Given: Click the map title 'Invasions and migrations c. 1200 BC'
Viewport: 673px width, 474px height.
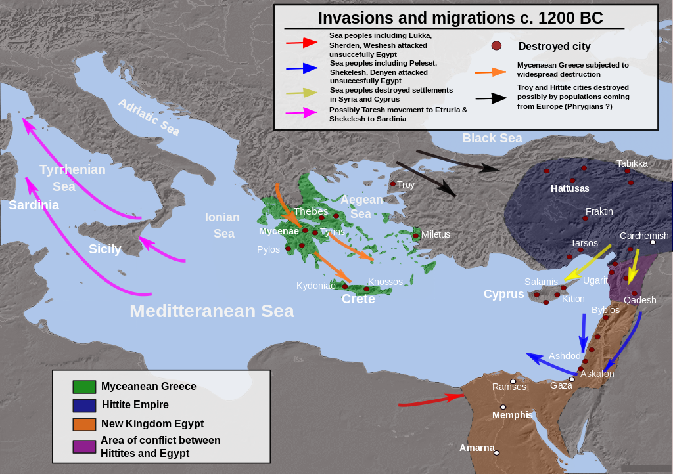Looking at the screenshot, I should click(x=460, y=18).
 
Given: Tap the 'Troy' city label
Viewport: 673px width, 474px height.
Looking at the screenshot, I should click(x=406, y=184).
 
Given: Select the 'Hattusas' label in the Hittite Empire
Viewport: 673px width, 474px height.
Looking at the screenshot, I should click(x=570, y=188).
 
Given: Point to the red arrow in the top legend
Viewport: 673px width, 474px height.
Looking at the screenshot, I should click(x=302, y=43).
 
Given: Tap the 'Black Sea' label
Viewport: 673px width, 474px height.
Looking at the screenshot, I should click(x=492, y=138).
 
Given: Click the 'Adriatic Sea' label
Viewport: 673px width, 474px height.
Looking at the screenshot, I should click(x=149, y=117).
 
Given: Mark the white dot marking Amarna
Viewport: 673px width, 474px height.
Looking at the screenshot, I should click(x=497, y=452).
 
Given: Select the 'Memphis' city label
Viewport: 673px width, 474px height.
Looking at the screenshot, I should click(x=512, y=415).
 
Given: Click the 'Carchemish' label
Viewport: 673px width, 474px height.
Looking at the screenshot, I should click(x=643, y=236).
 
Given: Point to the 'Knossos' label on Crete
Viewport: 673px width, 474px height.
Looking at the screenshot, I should click(x=385, y=282).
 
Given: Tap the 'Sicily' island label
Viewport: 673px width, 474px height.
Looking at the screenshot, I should click(x=105, y=249).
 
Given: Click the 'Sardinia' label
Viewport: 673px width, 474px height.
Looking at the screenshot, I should click(x=34, y=205).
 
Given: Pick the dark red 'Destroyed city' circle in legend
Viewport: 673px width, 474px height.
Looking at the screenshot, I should click(x=497, y=46).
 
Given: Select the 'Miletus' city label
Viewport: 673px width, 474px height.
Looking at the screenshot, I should click(x=436, y=234).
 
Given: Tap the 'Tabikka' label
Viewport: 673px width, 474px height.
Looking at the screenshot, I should click(x=632, y=163).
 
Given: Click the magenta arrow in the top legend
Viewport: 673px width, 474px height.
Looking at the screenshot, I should click(x=302, y=113).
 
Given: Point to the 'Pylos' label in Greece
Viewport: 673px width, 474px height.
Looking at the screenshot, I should click(x=268, y=249).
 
